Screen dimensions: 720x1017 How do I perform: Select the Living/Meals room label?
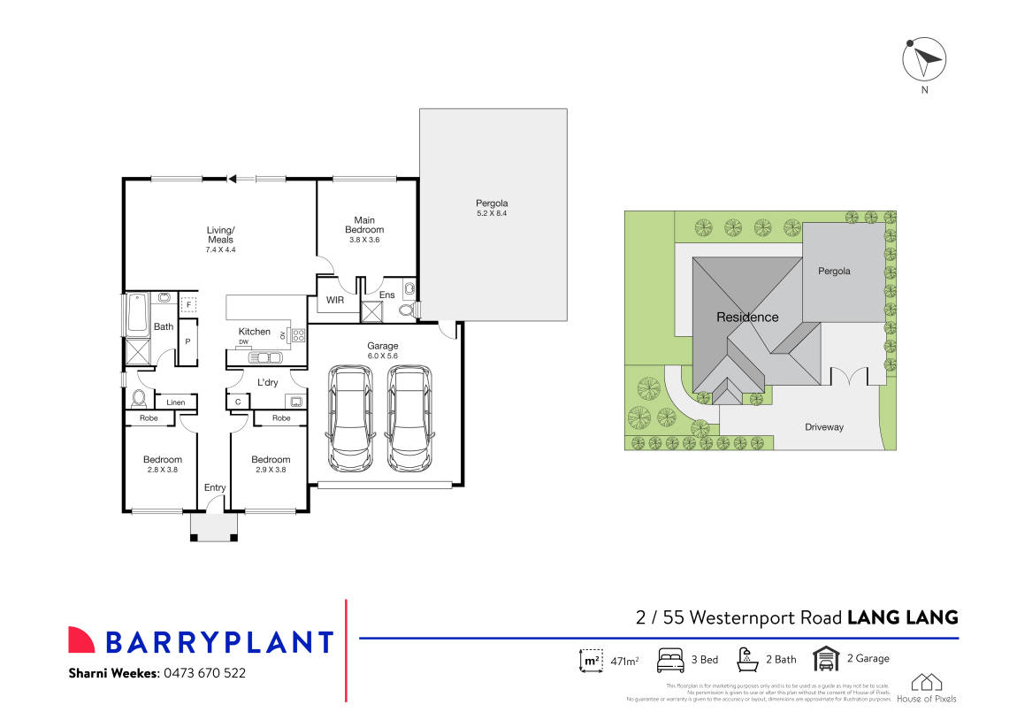point(221,234)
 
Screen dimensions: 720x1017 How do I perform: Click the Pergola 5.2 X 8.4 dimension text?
point(492,213)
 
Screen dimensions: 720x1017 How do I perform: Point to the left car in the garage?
point(349,418)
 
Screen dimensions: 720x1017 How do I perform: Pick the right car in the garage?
point(409,418)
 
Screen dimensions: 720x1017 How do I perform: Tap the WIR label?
point(334,301)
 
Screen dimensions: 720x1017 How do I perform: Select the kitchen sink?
point(264,357)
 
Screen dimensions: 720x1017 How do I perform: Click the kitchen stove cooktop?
point(298,335)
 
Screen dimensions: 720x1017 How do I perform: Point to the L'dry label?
point(267,382)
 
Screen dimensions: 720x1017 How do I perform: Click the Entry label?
point(215,487)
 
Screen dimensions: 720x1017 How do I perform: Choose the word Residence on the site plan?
point(747,318)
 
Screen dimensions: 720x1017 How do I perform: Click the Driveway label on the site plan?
point(824,427)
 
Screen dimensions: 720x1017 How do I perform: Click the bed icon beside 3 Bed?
point(670,660)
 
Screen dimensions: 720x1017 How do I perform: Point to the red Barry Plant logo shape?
point(81,640)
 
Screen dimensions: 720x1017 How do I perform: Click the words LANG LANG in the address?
point(903,617)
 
